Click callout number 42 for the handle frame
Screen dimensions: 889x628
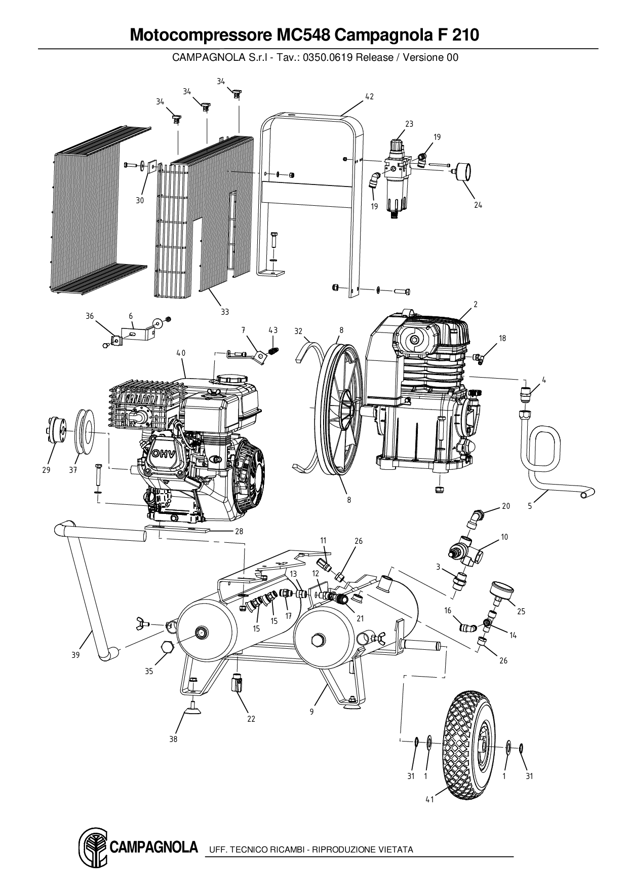(369, 96)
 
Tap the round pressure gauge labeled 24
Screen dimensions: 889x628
(462, 171)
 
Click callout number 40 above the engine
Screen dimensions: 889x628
(181, 353)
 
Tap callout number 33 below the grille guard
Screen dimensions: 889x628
(225, 311)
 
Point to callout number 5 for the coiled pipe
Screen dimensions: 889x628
(530, 505)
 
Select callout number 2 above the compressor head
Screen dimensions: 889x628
(476, 304)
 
